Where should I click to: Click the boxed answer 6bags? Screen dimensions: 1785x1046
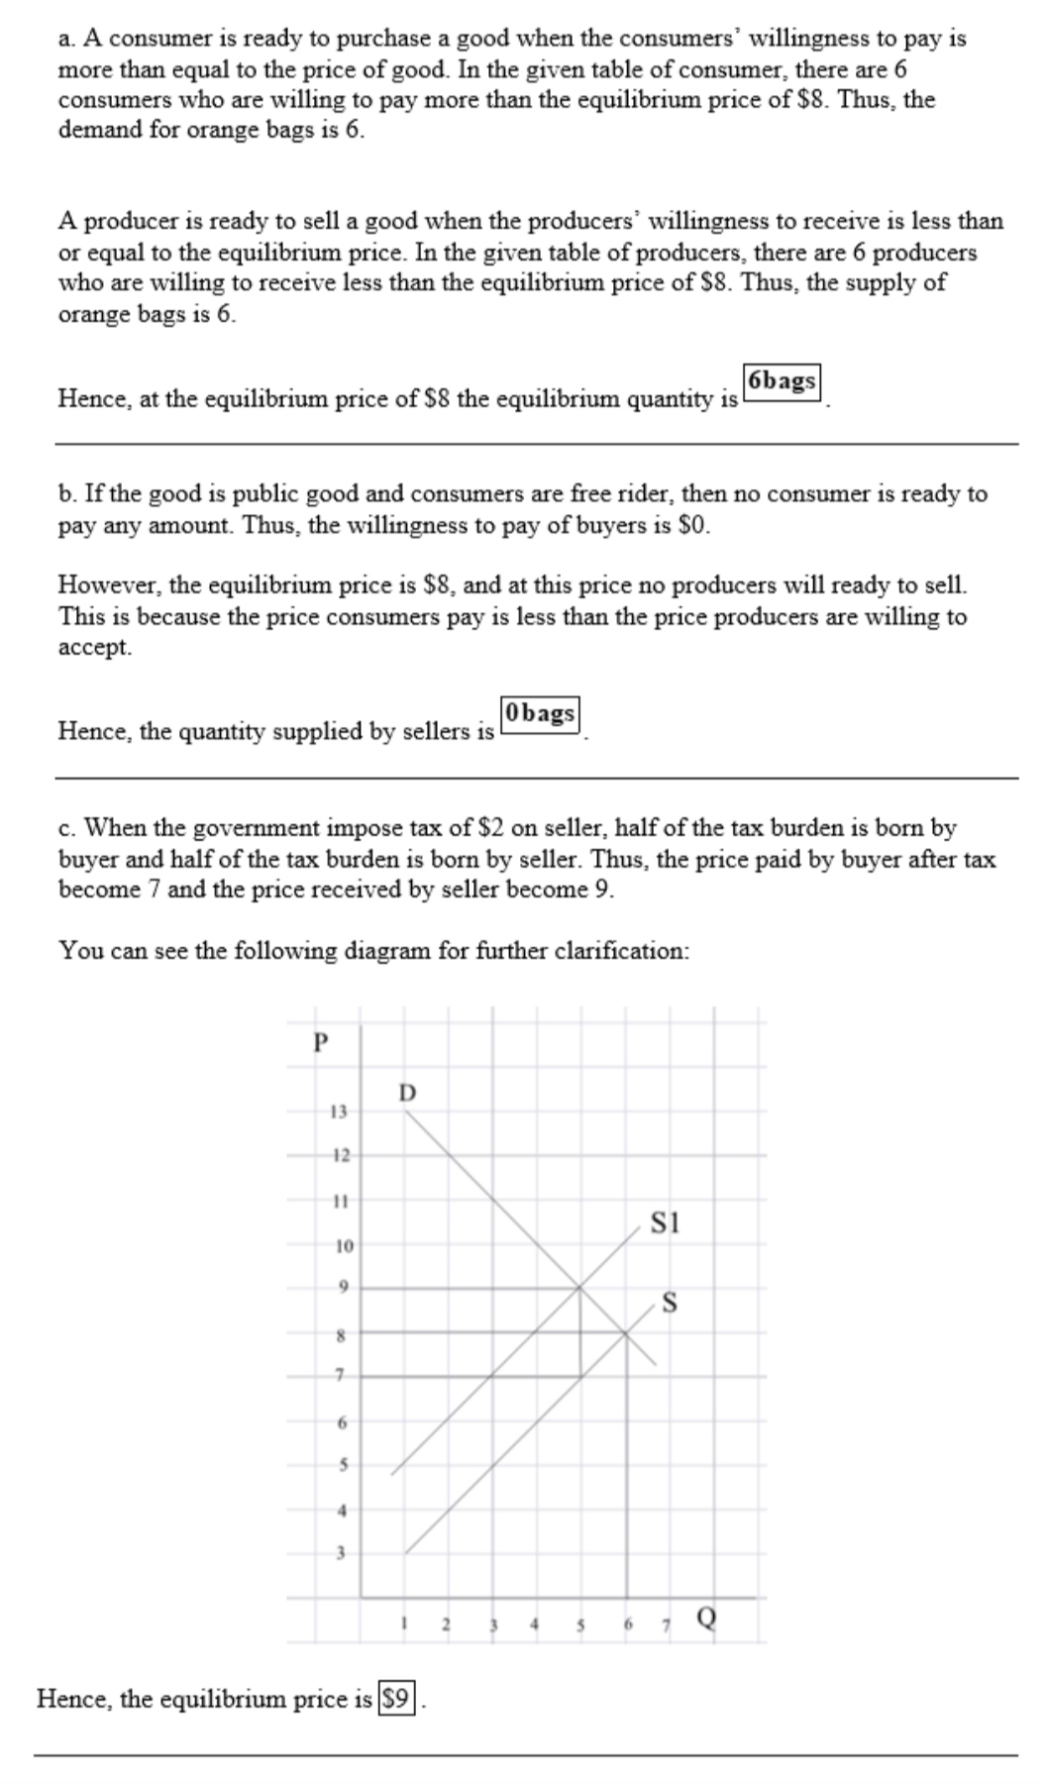pyautogui.click(x=783, y=381)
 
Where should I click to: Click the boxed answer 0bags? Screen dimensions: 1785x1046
pyautogui.click(x=540, y=713)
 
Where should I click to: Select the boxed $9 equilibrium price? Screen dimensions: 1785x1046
pyautogui.click(x=396, y=1699)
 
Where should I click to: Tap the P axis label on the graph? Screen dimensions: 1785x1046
pyautogui.click(x=319, y=1042)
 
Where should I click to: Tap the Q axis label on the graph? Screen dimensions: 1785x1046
pyautogui.click(x=707, y=1619)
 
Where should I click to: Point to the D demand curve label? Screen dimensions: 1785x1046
pyautogui.click(x=407, y=1093)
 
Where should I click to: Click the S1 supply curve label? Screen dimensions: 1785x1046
pyautogui.click(x=665, y=1222)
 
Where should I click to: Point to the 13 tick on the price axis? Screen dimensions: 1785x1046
pyautogui.click(x=338, y=1111)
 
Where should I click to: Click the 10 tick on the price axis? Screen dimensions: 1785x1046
pyautogui.click(x=342, y=1245)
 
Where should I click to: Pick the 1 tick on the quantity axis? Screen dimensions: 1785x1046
pyautogui.click(x=403, y=1623)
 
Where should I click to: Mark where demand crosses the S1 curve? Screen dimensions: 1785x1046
pyautogui.click(x=580, y=1288)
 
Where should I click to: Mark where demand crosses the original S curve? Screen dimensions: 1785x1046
pyautogui.click(x=626, y=1333)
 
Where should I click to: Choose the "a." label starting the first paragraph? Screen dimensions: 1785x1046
pyautogui.click(x=67, y=39)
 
